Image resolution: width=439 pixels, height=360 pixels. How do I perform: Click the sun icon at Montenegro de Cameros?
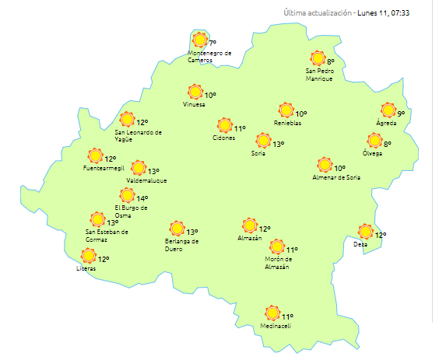(x=200, y=40)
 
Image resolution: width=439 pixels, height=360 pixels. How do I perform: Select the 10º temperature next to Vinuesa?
(x=210, y=95)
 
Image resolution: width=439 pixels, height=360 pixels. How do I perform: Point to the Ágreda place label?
(x=386, y=124)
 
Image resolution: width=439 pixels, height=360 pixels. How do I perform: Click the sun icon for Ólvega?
(x=374, y=141)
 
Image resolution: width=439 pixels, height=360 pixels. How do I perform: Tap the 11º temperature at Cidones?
(x=240, y=128)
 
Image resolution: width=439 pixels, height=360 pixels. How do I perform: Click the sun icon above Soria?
(x=263, y=141)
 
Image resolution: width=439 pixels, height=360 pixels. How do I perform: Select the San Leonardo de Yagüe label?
(x=138, y=135)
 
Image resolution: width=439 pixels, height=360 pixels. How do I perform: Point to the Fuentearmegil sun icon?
(x=96, y=156)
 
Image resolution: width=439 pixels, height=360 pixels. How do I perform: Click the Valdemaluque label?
(x=146, y=180)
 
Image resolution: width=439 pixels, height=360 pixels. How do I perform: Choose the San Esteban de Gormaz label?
(x=107, y=235)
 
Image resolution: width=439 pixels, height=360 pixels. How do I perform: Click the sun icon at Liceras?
(x=88, y=256)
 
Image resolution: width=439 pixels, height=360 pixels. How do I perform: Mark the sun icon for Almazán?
(x=249, y=225)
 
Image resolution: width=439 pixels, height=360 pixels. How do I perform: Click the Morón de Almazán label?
(x=277, y=263)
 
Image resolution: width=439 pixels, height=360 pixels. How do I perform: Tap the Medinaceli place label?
(x=276, y=326)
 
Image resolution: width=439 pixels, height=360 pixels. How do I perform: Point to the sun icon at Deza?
(x=365, y=231)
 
